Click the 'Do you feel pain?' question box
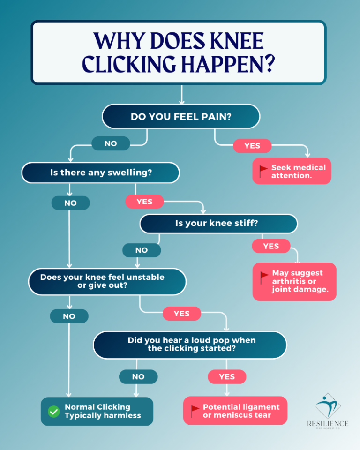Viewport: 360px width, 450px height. pyautogui.click(x=181, y=116)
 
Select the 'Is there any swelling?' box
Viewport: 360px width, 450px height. pyautogui.click(x=100, y=172)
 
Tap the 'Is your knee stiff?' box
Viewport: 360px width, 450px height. pyautogui.click(x=218, y=224)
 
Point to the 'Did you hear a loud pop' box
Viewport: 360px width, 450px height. pyautogui.click(x=190, y=345)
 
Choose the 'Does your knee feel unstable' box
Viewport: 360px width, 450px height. pyautogui.click(x=107, y=281)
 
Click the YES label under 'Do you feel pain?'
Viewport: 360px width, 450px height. pyautogui.click(x=252, y=146)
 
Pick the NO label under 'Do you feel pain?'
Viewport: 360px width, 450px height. pyautogui.click(x=111, y=143)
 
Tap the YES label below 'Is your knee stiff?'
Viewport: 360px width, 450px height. pyautogui.click(x=271, y=246)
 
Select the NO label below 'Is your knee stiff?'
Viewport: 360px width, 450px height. pyautogui.click(x=142, y=250)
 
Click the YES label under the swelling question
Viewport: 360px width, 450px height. pyautogui.click(x=144, y=202)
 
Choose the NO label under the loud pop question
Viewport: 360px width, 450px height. pyautogui.click(x=138, y=376)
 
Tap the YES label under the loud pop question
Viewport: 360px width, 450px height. pyautogui.click(x=227, y=376)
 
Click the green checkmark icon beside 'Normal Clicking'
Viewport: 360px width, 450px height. pyautogui.click(x=54, y=412)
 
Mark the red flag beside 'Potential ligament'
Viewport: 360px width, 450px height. pyautogui.click(x=195, y=411)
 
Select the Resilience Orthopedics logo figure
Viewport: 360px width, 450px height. pyautogui.click(x=328, y=406)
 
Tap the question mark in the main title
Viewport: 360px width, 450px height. pyautogui.click(x=270, y=64)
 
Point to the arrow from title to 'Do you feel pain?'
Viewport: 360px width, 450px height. pyautogui.click(x=182, y=94)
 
